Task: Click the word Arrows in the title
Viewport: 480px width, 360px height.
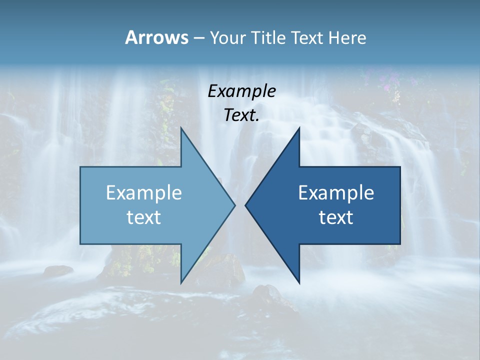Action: point(156,37)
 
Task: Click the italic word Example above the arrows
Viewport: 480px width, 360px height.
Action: point(241,91)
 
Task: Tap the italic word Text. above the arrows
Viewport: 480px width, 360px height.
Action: point(241,115)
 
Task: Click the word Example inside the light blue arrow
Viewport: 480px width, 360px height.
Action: point(144,193)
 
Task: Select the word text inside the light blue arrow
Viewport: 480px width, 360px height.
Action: point(144,217)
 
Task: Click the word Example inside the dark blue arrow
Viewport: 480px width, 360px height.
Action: point(336,193)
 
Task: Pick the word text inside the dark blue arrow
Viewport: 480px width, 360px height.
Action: point(336,217)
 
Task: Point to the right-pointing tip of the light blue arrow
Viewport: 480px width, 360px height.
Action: point(234,205)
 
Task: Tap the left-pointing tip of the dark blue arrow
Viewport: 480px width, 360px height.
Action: point(246,205)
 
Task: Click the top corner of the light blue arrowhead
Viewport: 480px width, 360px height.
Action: point(181,128)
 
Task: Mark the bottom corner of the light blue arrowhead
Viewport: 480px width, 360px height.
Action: point(181,282)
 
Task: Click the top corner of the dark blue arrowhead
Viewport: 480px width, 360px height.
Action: point(298,128)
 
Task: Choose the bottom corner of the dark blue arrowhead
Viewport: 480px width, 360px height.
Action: point(298,282)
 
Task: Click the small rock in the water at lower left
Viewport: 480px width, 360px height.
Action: point(58,270)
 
